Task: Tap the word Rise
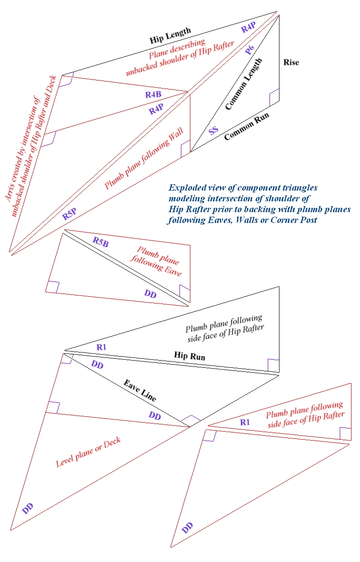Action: (x=291, y=62)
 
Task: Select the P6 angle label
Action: (x=250, y=51)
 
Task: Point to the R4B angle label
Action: (x=153, y=95)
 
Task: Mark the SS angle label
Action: (x=213, y=130)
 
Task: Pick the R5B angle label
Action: (x=100, y=241)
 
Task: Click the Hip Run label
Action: (x=189, y=356)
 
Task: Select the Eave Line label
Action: (x=140, y=390)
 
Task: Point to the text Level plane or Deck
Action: (x=88, y=451)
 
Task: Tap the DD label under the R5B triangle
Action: (x=150, y=293)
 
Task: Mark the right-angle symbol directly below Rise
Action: (x=274, y=96)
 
